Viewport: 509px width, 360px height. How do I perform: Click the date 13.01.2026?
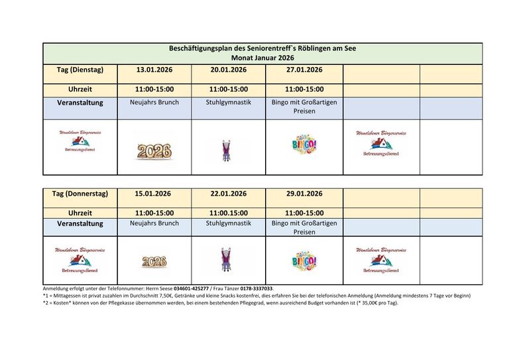[x=154, y=70]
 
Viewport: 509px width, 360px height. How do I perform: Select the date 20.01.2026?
[x=229, y=70]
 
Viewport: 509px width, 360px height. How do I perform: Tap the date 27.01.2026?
[x=304, y=70]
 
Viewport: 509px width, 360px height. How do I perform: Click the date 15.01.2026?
[x=153, y=194]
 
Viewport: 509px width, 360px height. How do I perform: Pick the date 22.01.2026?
[x=229, y=194]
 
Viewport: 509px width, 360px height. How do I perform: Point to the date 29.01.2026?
[x=304, y=194]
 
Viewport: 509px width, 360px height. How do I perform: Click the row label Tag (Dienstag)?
[x=80, y=70]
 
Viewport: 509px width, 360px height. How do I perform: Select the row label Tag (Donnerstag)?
[x=80, y=194]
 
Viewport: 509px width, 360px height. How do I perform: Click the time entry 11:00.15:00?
[x=229, y=213]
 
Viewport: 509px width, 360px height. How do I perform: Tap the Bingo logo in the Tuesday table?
[x=304, y=145]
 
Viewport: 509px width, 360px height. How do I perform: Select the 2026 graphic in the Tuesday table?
[x=154, y=150]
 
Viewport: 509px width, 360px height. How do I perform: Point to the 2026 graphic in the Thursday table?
[x=154, y=261]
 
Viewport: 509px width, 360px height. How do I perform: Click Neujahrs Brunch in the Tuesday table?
[x=154, y=103]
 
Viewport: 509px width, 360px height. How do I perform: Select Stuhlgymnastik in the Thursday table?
[x=229, y=223]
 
